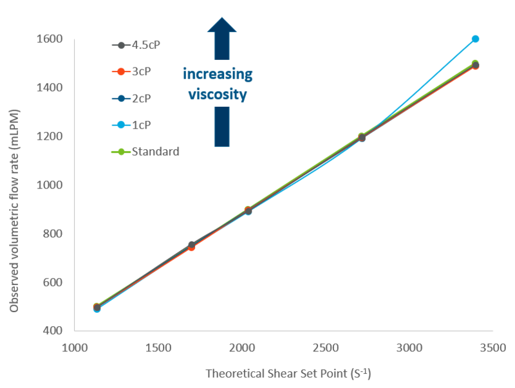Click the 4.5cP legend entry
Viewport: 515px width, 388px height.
click(144, 45)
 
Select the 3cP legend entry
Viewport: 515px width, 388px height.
click(142, 71)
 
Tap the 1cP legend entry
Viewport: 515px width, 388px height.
click(142, 125)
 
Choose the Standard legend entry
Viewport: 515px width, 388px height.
click(154, 152)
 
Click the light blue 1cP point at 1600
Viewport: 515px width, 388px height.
click(475, 39)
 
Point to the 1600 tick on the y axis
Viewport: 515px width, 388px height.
click(50, 39)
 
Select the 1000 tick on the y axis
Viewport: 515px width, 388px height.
click(50, 185)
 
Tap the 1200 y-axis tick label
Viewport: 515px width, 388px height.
click(50, 136)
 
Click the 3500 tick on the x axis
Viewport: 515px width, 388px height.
click(492, 348)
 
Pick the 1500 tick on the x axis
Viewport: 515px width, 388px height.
click(158, 348)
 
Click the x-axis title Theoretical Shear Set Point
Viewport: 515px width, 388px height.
click(288, 374)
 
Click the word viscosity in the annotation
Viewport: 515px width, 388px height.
click(218, 94)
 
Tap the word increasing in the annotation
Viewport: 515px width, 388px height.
click(218, 74)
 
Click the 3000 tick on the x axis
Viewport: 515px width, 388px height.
click(409, 348)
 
